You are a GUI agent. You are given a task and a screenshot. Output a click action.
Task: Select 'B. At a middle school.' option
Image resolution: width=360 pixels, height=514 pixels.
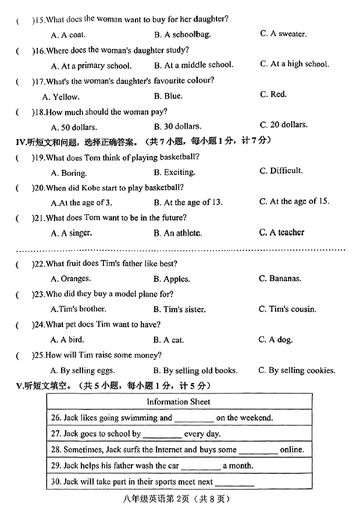[x=193, y=65]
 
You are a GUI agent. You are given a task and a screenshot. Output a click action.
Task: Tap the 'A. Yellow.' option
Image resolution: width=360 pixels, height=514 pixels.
[x=62, y=97]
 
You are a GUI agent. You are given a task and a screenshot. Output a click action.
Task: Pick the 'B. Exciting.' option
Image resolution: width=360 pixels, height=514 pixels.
[x=174, y=172]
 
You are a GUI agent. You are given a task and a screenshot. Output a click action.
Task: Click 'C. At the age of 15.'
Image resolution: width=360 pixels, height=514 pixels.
[x=294, y=201]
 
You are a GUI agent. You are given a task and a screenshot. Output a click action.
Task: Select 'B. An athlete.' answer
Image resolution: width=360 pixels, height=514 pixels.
[x=177, y=233]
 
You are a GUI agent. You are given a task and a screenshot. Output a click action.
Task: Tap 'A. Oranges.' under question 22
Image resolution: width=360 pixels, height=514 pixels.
[x=71, y=279]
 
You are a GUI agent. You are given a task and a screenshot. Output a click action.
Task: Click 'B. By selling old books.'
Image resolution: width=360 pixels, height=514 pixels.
[x=195, y=370]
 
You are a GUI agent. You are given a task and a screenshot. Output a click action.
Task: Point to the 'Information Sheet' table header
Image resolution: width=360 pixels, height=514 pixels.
[x=179, y=402]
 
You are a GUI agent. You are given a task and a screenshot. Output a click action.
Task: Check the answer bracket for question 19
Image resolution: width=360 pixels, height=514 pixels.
[x=25, y=157]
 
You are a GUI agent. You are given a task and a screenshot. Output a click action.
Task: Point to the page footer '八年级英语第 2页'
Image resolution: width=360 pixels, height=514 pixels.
[x=179, y=499]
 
